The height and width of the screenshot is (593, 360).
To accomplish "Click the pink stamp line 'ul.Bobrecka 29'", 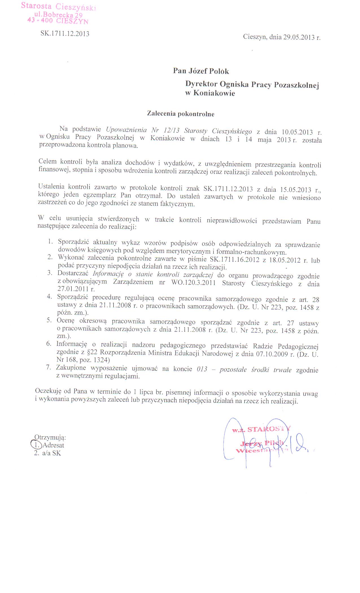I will (x=58, y=15).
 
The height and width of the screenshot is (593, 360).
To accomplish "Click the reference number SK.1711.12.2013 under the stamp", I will (x=65, y=34).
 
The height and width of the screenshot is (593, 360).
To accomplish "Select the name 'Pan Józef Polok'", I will (x=201, y=71).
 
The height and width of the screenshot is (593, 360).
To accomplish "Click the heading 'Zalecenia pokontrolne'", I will (x=180, y=114).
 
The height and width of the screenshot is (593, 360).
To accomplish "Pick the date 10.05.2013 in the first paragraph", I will (x=297, y=132).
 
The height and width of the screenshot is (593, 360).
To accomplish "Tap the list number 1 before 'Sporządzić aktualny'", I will (x=51, y=241).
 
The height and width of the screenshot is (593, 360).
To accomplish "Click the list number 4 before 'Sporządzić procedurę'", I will (x=49, y=296).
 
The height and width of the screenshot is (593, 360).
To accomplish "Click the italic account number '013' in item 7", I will (x=202, y=369).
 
